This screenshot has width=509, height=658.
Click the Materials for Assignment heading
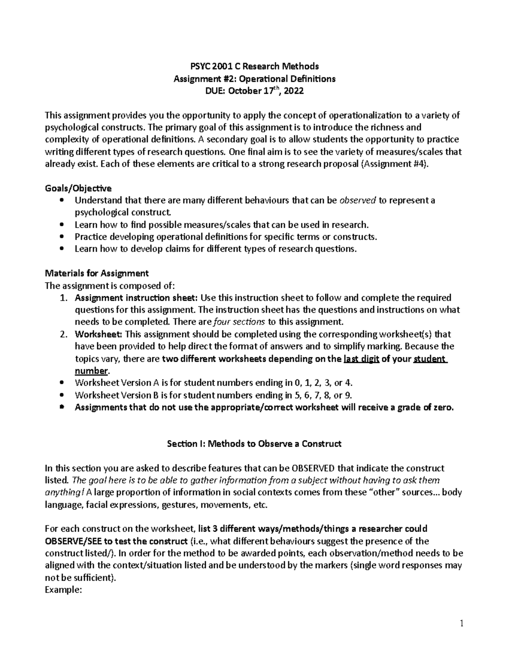pyautogui.click(x=97, y=273)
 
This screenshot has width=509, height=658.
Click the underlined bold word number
pyautogui.click(x=91, y=371)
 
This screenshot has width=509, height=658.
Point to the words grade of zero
pyautogui.click(x=426, y=408)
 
